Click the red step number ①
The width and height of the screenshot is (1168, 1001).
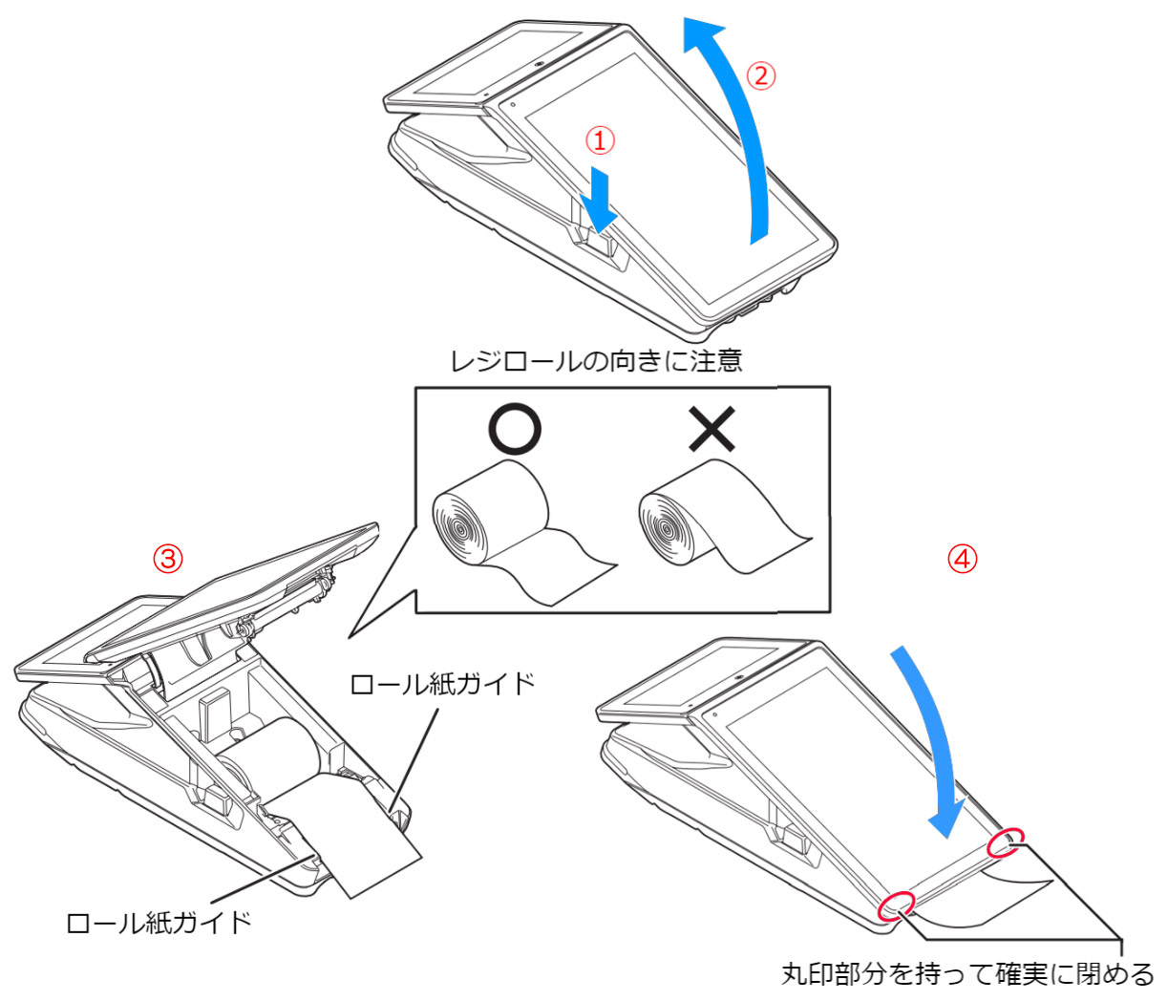point(600,141)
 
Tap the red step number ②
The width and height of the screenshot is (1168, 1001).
point(760,75)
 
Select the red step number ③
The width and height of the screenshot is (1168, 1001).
point(168,559)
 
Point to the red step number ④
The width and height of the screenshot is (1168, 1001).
point(962,559)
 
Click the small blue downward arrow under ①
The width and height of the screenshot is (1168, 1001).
point(600,199)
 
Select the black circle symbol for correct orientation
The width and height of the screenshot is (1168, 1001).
point(515,430)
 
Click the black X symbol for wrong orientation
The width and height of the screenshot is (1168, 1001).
point(712,430)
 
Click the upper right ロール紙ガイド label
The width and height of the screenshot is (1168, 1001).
point(442,685)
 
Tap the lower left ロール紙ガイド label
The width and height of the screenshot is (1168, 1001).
point(159,924)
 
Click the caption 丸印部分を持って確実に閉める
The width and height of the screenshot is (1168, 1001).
point(967,975)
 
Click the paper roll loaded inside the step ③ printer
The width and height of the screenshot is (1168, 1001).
point(272,755)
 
